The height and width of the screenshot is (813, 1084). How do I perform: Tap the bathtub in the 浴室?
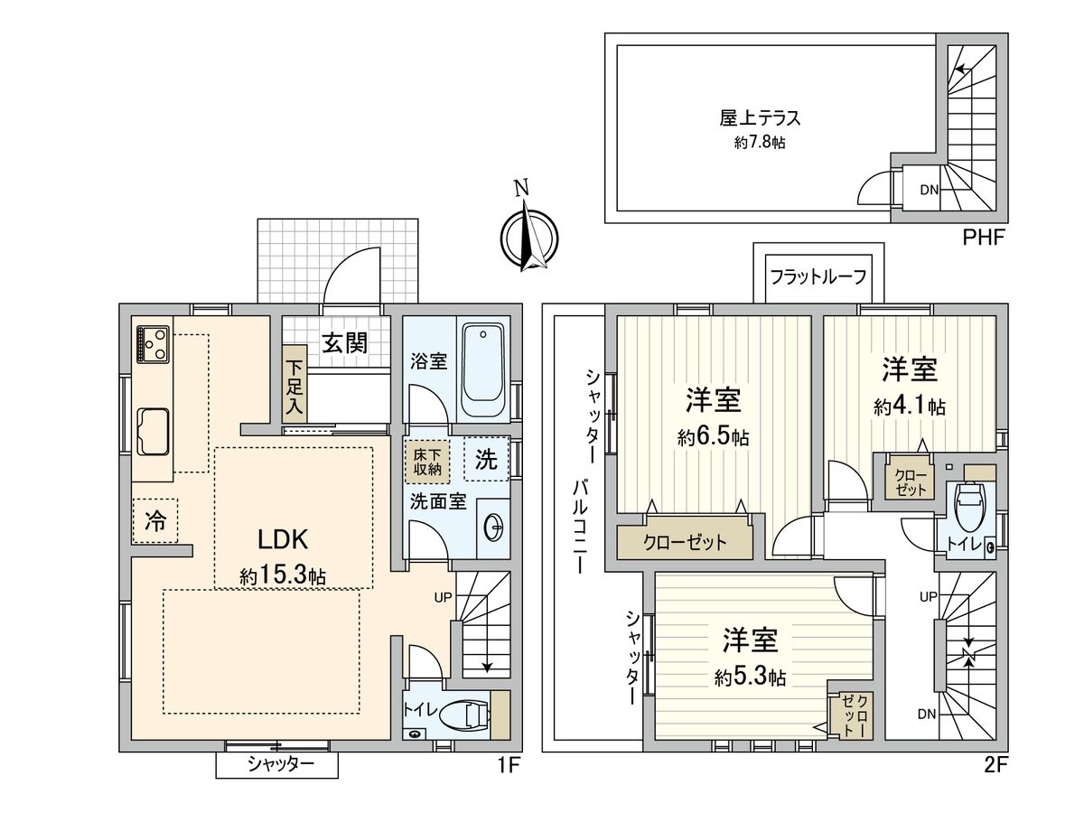coord(486,371)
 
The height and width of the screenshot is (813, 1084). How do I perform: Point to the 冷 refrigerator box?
coord(155,520)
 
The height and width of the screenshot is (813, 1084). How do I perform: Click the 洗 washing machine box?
coord(486,460)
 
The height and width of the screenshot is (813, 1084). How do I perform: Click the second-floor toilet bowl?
coord(968,507)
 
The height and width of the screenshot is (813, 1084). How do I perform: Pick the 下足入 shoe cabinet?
coord(295,383)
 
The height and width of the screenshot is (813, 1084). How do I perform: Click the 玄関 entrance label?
coord(344,342)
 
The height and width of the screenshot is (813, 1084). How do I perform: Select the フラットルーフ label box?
coord(818,276)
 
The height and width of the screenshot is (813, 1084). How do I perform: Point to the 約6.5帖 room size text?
coord(713,437)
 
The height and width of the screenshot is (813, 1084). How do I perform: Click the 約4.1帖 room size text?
coord(909,406)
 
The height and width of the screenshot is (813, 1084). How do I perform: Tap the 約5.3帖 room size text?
coord(749,677)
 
